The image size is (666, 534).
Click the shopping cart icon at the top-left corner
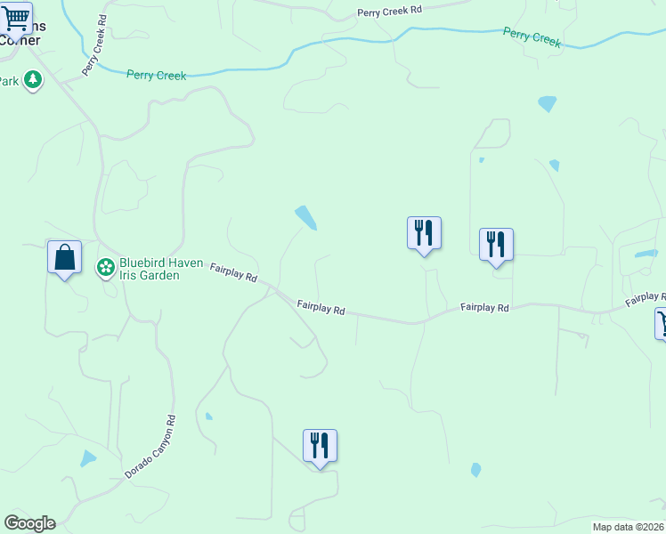pos(16,19)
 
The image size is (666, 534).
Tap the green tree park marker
pos(33,80)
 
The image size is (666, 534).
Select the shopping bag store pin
pos(64,258)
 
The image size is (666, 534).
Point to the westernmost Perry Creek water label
pos(157,76)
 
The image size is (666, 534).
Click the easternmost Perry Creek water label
pos(532,36)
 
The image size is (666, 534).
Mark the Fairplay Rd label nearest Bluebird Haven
pos(233,271)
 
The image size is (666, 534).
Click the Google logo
pos(29,523)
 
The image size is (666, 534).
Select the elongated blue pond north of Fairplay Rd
pos(305,218)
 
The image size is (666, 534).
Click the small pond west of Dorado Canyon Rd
pos(87,459)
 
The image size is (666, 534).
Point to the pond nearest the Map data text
pos(475,470)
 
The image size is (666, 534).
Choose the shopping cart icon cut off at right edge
pos(661,322)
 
